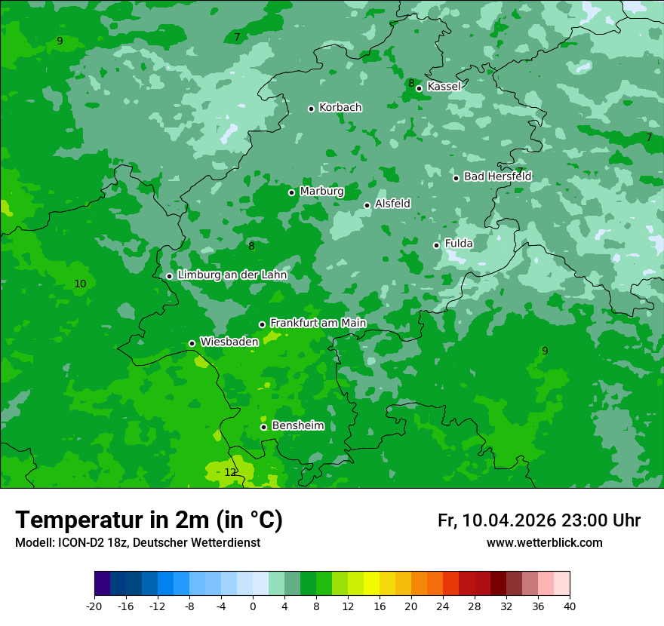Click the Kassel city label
pyautogui.click(x=444, y=87)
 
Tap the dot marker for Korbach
pyautogui.click(x=311, y=109)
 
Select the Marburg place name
pyautogui.click(x=321, y=192)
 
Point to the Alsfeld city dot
pyautogui.click(x=367, y=205)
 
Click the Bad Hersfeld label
pyautogui.click(x=497, y=176)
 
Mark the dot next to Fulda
pyautogui.click(x=436, y=245)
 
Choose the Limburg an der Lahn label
pyautogui.click(x=232, y=275)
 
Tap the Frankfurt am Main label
pyautogui.click(x=318, y=323)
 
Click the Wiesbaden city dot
pyautogui.click(x=192, y=343)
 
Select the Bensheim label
pyautogui.click(x=297, y=425)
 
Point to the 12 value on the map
pyautogui.click(x=230, y=472)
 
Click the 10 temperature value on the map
pyautogui.click(x=80, y=284)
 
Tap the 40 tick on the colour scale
pyautogui.click(x=569, y=606)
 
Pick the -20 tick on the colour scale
pyautogui.click(x=94, y=606)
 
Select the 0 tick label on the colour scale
pyautogui.click(x=253, y=606)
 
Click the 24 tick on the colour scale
pyautogui.click(x=443, y=606)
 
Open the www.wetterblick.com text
pyautogui.click(x=544, y=542)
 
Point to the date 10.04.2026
pyautogui.click(x=509, y=520)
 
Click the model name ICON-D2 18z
pyautogui.click(x=95, y=542)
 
